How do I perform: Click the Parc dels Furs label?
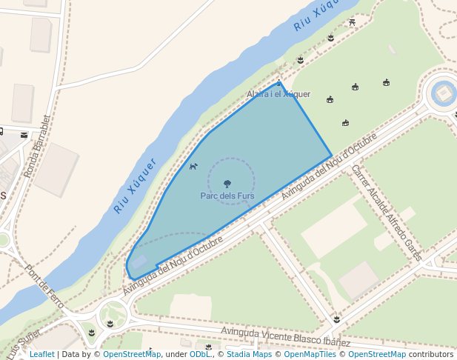pyautogui.click(x=227, y=196)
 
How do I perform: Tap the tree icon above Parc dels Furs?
pyautogui.click(x=227, y=183)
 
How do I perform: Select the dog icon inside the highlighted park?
pyautogui.click(x=193, y=166)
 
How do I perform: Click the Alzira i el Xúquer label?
pyautogui.click(x=278, y=95)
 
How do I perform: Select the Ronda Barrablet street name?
pyautogui.click(x=36, y=146)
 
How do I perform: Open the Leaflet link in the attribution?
pyautogui.click(x=41, y=354)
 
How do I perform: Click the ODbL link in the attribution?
pyautogui.click(x=199, y=354)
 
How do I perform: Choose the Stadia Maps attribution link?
pyautogui.click(x=249, y=354)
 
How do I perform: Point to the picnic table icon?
pyautogui.click(x=352, y=22)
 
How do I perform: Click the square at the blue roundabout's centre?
pyautogui.click(x=443, y=93)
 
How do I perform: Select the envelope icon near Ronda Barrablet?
pyautogui.click(x=24, y=136)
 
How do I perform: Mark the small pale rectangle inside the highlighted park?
pyautogui.click(x=139, y=261)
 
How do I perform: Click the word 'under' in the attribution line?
pyautogui.click(x=176, y=354)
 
